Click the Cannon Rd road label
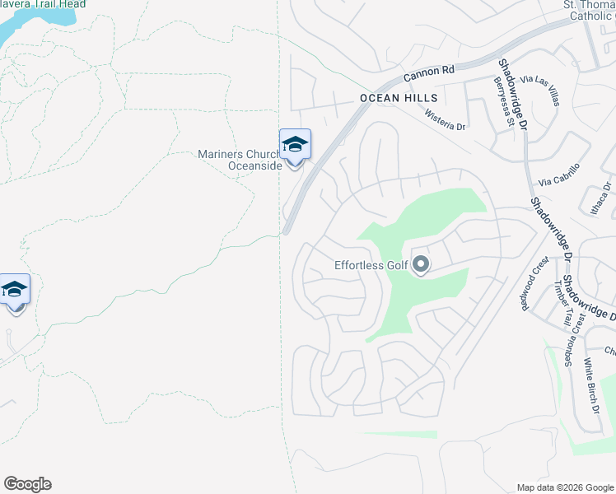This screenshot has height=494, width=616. tap(428, 74)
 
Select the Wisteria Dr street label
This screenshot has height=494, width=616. tap(445, 121)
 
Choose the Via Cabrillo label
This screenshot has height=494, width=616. tap(559, 174)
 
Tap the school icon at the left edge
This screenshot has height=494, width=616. tap(14, 290)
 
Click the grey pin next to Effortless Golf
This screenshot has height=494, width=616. tap(421, 265)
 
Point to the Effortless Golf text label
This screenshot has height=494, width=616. tap(371, 265)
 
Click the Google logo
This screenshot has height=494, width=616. tap(27, 484)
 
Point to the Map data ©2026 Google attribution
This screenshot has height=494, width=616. tap(564, 487)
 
